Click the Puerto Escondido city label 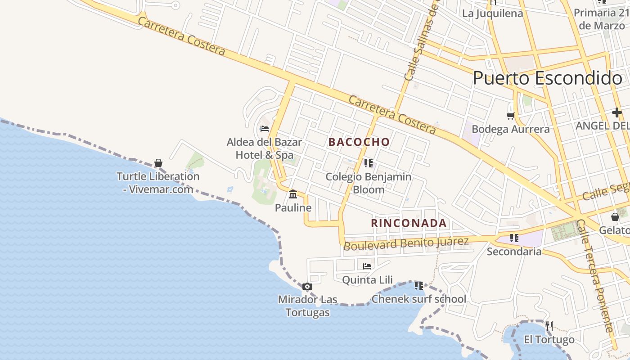(547, 78)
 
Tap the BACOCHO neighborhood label (359, 142)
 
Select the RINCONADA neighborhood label (409, 223)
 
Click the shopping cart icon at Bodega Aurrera (510, 116)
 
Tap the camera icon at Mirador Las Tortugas (307, 287)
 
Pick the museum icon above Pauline (293, 194)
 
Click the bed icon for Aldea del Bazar (265, 129)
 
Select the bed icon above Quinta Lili (367, 266)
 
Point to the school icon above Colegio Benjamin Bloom (368, 163)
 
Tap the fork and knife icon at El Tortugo (549, 326)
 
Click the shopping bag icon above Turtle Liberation (158, 163)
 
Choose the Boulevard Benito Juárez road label (406, 243)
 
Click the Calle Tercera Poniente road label (594, 276)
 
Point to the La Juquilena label (493, 13)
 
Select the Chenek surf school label (418, 299)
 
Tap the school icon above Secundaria (514, 238)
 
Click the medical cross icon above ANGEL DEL (616, 112)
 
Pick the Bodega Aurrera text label (510, 130)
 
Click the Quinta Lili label (367, 280)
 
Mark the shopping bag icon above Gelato (615, 217)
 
